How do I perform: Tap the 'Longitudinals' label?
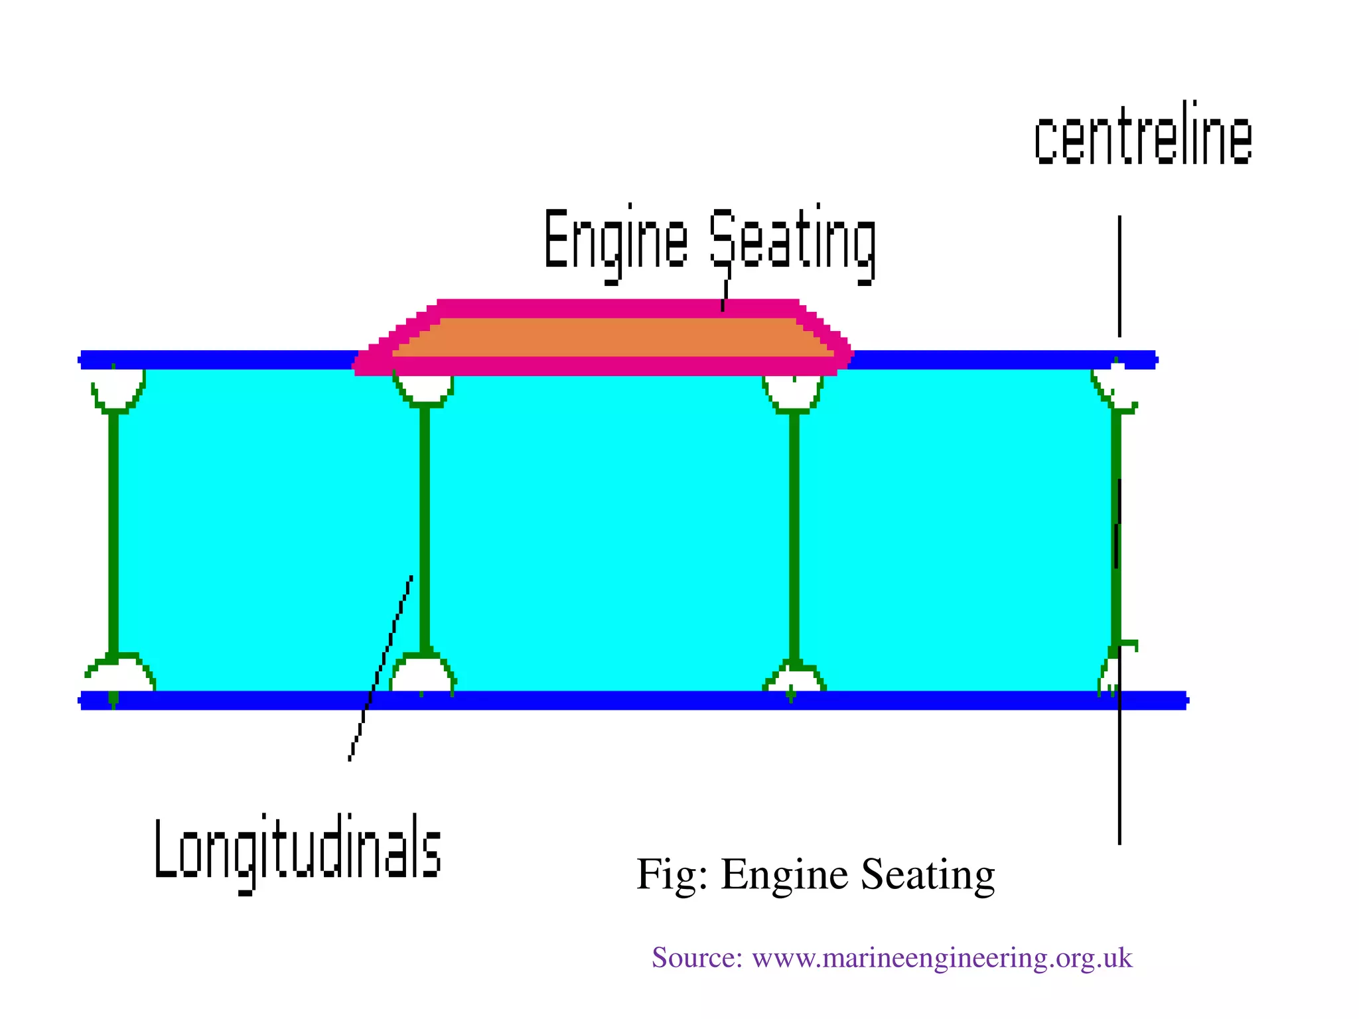click(x=297, y=850)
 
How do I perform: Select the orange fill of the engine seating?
click(x=614, y=337)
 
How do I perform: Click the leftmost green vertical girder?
click(x=113, y=531)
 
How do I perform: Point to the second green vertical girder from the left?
click(x=425, y=531)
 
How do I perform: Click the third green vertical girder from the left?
click(x=794, y=531)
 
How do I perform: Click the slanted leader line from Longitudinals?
click(x=382, y=663)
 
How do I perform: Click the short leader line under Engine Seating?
click(x=725, y=296)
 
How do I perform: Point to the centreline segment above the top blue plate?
click(x=1119, y=275)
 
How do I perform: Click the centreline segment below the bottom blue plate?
click(x=1119, y=776)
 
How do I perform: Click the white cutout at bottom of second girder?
click(x=422, y=675)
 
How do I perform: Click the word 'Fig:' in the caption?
click(x=671, y=874)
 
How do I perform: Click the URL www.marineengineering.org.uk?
click(x=942, y=958)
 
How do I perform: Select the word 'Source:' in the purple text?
click(x=696, y=958)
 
